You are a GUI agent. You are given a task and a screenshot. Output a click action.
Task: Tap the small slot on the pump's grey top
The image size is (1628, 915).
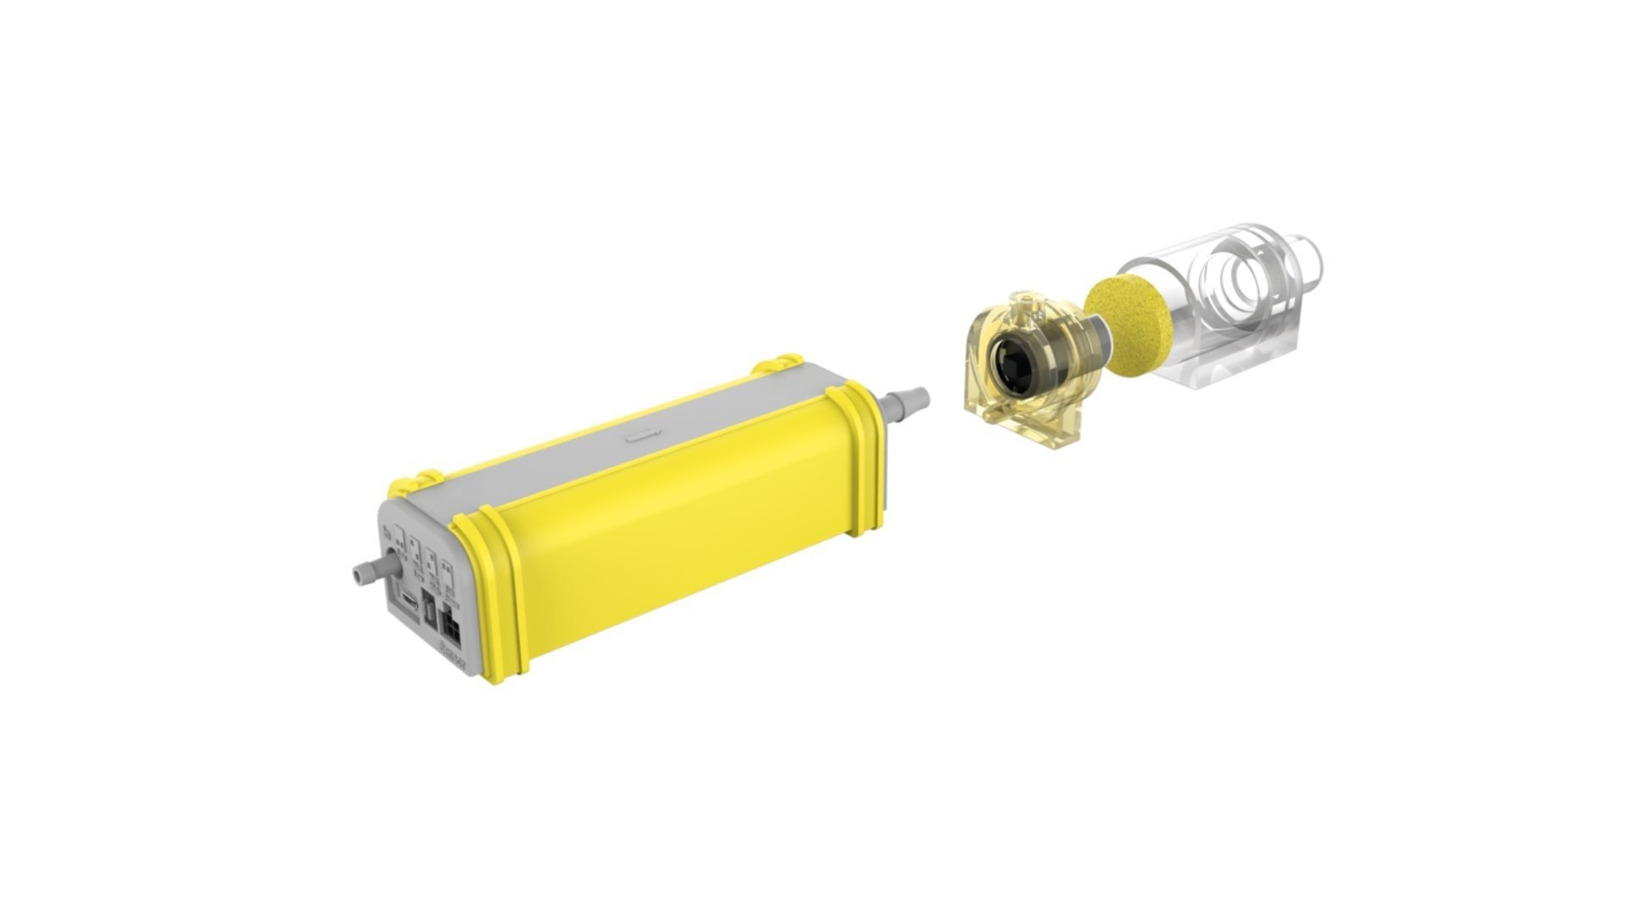644,438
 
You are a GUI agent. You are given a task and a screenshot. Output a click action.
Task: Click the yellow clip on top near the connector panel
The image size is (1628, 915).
414,484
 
